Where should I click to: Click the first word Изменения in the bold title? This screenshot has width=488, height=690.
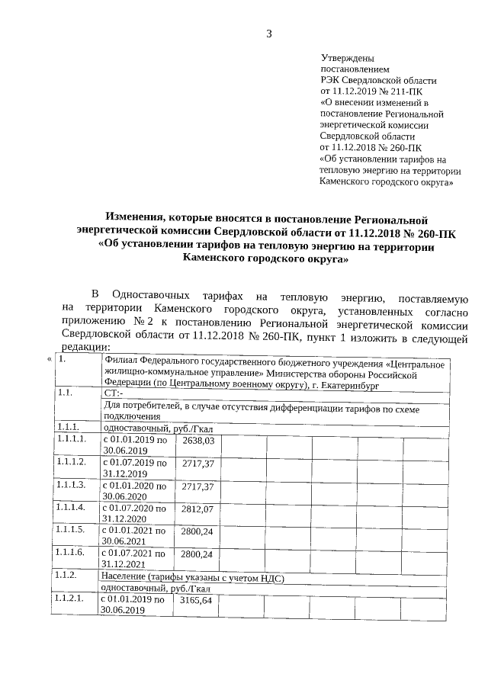[139, 221]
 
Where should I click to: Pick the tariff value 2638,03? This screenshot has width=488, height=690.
[197, 441]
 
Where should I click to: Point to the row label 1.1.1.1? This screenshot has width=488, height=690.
[70, 441]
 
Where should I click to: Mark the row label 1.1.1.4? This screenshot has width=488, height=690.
[70, 508]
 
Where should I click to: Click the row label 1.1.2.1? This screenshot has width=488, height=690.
[69, 600]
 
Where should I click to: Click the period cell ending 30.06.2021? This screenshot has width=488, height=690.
[133, 536]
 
